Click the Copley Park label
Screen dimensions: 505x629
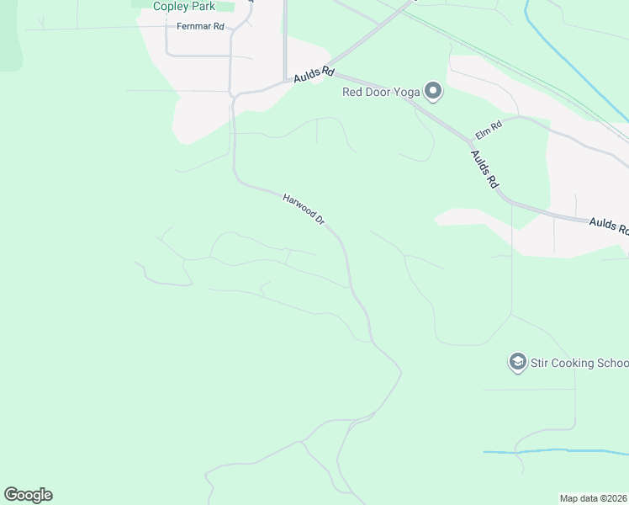tap(184, 7)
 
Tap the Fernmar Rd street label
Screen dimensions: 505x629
tap(200, 27)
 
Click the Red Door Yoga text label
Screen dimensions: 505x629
tap(380, 92)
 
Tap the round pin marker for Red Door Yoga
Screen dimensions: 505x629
tap(433, 91)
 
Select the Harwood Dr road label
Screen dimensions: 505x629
tap(304, 209)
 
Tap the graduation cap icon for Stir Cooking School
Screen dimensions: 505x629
tap(517, 362)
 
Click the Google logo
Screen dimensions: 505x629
tap(28, 495)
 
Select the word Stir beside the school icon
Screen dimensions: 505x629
tap(540, 363)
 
